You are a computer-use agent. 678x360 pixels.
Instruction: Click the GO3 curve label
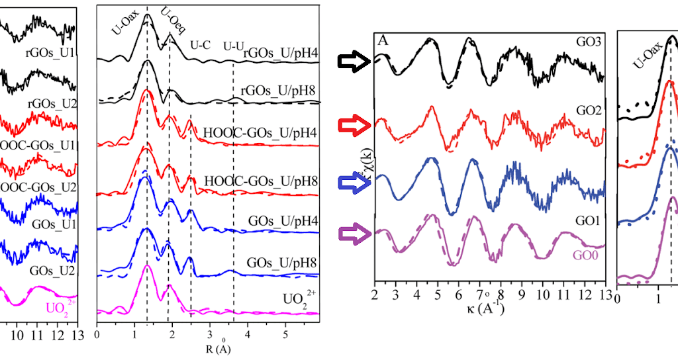point(588,42)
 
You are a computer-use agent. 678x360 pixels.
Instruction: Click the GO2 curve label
point(588,111)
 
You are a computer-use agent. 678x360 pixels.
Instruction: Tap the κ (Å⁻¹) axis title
point(489,308)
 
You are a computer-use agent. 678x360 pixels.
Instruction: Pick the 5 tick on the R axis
point(285,335)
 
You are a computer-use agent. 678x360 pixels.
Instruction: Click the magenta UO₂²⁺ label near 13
point(60,306)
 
